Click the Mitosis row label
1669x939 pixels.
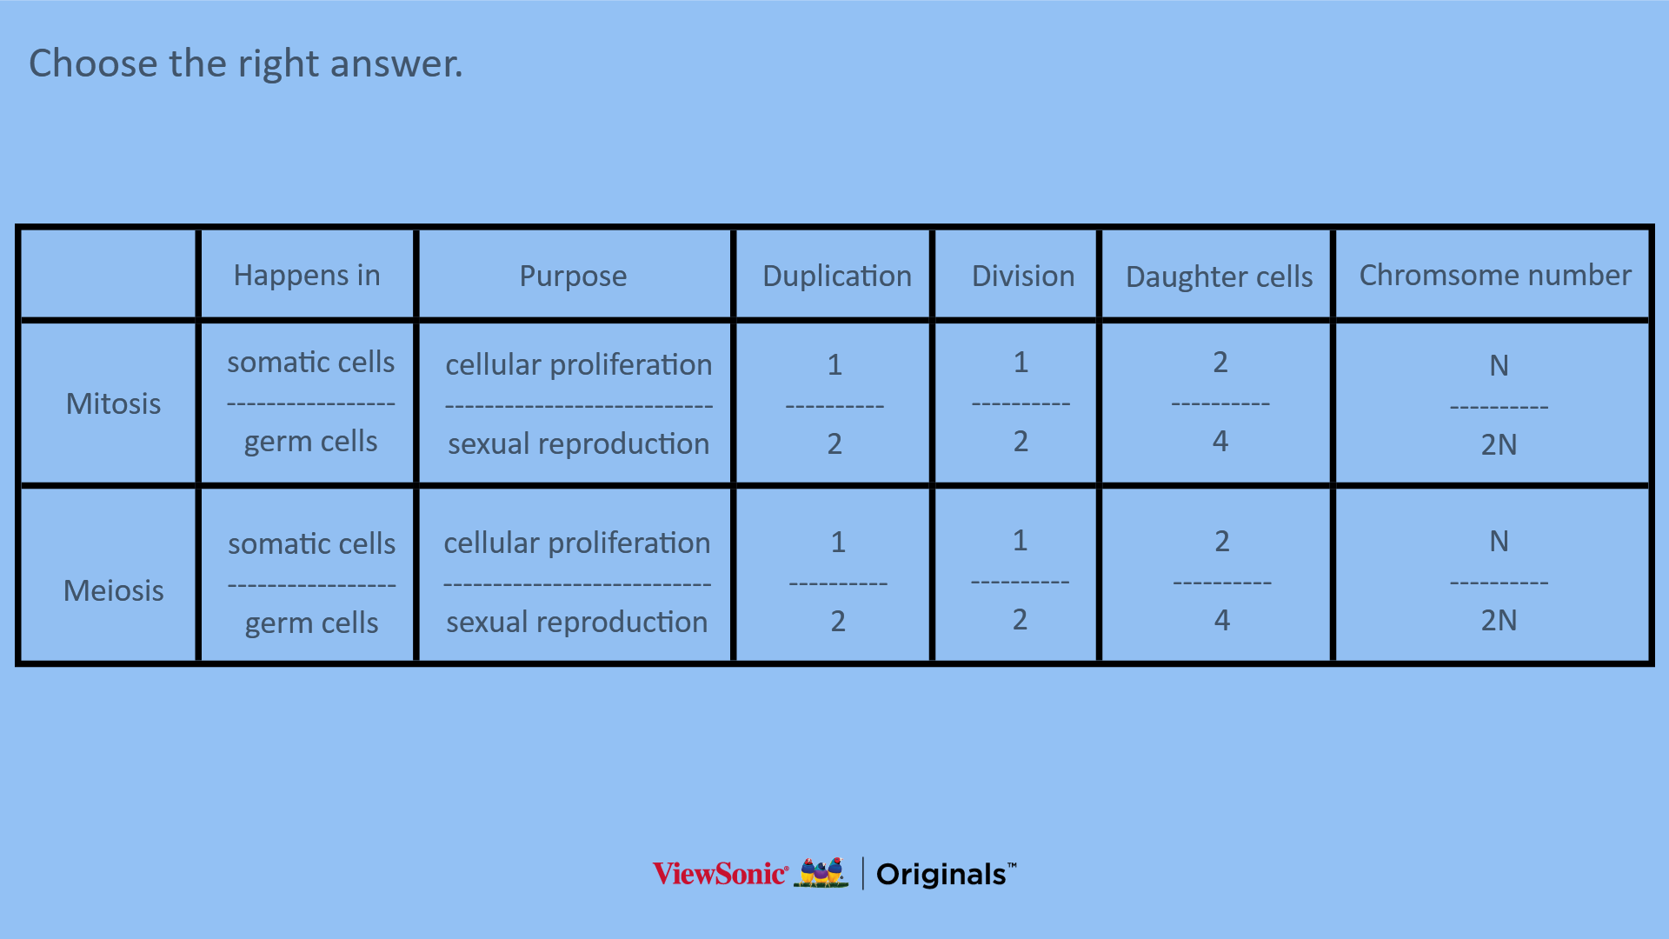pos(114,403)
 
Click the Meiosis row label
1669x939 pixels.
pos(114,590)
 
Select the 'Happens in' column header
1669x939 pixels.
pos(307,275)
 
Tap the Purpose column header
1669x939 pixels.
pos(573,276)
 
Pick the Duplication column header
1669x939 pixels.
pos(837,276)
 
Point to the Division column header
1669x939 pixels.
pos(1023,276)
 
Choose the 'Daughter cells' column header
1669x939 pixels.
pos(1220,276)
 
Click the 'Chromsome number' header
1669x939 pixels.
pos(1495,275)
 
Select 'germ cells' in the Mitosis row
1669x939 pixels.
pos(310,442)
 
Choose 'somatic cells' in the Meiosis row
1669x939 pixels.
pos(311,543)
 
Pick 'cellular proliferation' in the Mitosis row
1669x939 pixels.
pos(579,364)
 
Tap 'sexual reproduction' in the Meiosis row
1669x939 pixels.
pos(577,622)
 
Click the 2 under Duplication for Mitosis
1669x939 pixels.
pos(834,443)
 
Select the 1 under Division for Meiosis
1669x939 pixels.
pos(1021,541)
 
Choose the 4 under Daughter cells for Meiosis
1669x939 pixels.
pos(1222,620)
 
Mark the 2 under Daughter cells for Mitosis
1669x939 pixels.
pos(1220,362)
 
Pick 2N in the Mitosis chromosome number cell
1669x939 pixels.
pos(1499,444)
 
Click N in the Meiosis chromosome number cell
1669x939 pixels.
pos(1499,541)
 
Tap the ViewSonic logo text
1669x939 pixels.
pos(721,874)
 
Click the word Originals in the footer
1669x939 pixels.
pos(941,875)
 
